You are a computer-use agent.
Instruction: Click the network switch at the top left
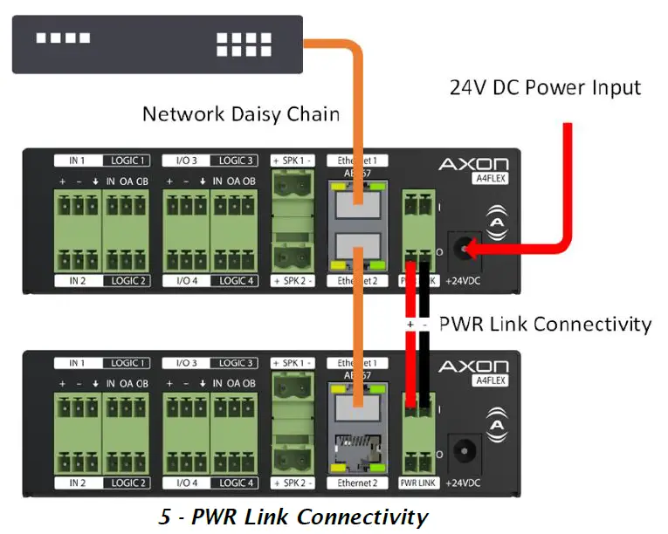pyautogui.click(x=157, y=43)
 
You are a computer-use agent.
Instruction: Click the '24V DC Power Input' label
pyautogui.click(x=545, y=87)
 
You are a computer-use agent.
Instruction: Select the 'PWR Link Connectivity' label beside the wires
pyautogui.click(x=545, y=324)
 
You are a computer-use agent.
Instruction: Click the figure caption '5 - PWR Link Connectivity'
pyautogui.click(x=293, y=517)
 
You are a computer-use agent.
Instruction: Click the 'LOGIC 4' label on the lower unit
pyautogui.click(x=237, y=483)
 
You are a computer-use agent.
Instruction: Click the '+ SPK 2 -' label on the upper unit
pyautogui.click(x=293, y=281)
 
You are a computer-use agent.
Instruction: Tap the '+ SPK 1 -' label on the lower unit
pyautogui.click(x=293, y=362)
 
